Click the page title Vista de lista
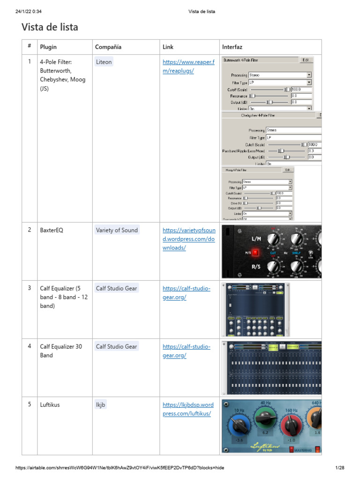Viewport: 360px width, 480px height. coord(50,27)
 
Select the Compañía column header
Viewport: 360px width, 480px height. coord(108,47)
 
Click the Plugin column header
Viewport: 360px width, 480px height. coord(48,47)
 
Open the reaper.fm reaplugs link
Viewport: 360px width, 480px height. coord(188,66)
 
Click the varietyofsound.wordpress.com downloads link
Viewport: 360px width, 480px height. coord(188,239)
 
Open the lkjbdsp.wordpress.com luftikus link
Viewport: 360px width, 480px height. coord(188,409)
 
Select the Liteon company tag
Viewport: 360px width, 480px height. coord(104,62)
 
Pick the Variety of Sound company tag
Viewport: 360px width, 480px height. coord(117,230)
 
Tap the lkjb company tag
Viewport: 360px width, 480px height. coord(100,405)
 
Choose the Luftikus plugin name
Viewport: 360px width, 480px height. coord(50,405)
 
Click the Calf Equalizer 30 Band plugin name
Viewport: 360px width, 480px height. coord(61,351)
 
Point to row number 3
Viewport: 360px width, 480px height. coord(30,288)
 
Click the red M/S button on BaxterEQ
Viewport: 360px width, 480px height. coord(256,253)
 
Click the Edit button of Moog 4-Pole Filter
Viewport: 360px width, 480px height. coord(288,170)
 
